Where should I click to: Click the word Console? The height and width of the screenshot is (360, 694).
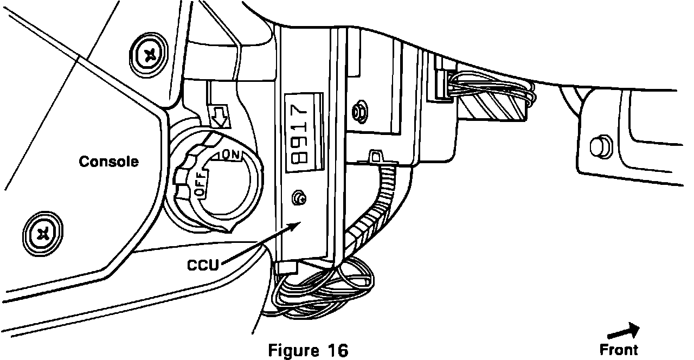108,162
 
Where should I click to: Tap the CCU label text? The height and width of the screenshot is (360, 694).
203,265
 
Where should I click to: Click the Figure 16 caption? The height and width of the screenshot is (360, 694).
308,350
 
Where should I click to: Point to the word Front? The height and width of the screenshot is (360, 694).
619,350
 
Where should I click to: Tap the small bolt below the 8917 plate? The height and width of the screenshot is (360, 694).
297,198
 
